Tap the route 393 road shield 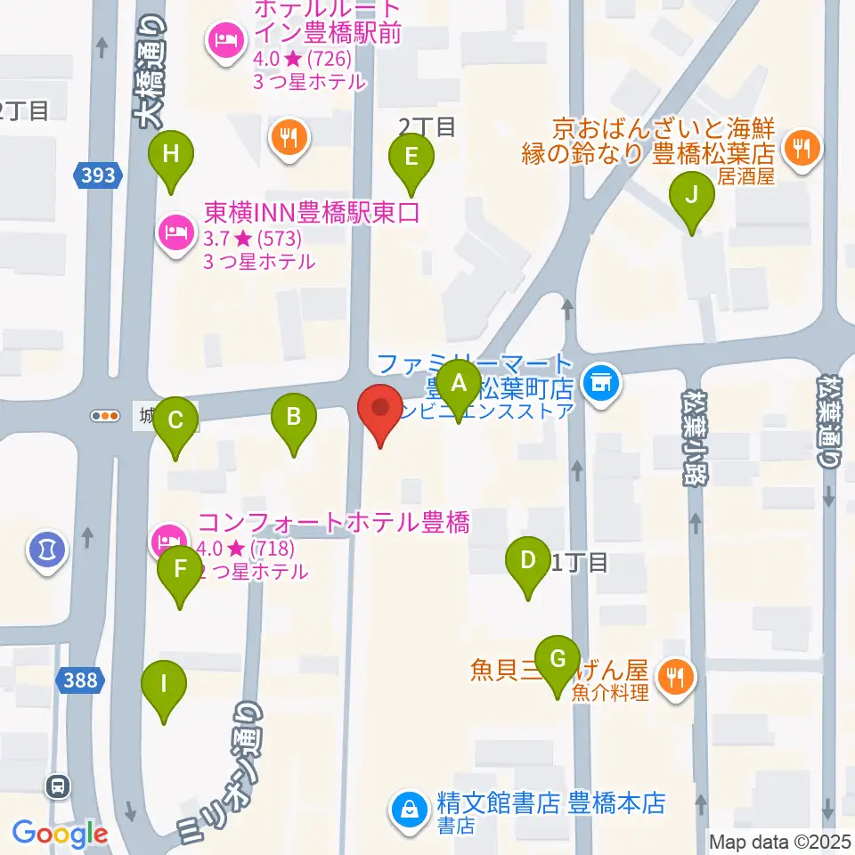pos(96,175)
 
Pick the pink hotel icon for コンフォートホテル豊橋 pos(168,538)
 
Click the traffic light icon pos(106,415)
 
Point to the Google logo pos(60,835)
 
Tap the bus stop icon pos(59,786)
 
